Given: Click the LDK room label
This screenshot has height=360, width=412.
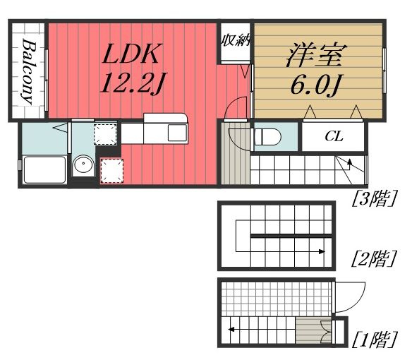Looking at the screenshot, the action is click(x=131, y=54).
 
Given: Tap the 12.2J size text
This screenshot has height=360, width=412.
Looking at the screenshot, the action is click(x=133, y=83).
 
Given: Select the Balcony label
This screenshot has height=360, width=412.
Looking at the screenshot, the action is click(x=28, y=71).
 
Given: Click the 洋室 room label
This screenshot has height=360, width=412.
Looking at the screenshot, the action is click(x=317, y=55).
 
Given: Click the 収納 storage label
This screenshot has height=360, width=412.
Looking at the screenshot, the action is click(x=236, y=41).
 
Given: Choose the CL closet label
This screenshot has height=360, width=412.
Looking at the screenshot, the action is click(x=334, y=136).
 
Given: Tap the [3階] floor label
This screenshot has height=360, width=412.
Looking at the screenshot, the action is click(x=374, y=198).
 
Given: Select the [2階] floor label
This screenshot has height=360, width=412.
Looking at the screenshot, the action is click(x=374, y=258).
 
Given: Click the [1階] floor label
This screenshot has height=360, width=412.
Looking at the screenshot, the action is click(x=375, y=340).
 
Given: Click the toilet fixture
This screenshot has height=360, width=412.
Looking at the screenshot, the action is click(x=267, y=136).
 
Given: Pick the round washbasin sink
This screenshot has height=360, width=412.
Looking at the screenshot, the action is click(x=83, y=164).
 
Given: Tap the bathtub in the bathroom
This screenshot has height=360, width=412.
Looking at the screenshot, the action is click(x=44, y=169).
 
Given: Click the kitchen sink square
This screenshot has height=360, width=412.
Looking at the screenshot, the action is click(x=177, y=132).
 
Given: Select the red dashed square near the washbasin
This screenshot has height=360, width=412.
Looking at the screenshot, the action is click(x=112, y=171).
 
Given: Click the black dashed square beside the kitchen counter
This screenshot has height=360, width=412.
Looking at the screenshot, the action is click(x=105, y=133).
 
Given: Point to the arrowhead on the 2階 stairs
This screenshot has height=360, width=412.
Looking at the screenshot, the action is click(x=322, y=251).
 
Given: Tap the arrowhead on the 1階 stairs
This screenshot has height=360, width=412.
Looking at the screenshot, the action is click(x=231, y=329).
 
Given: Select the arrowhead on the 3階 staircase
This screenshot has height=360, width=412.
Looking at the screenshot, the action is click(x=349, y=162).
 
